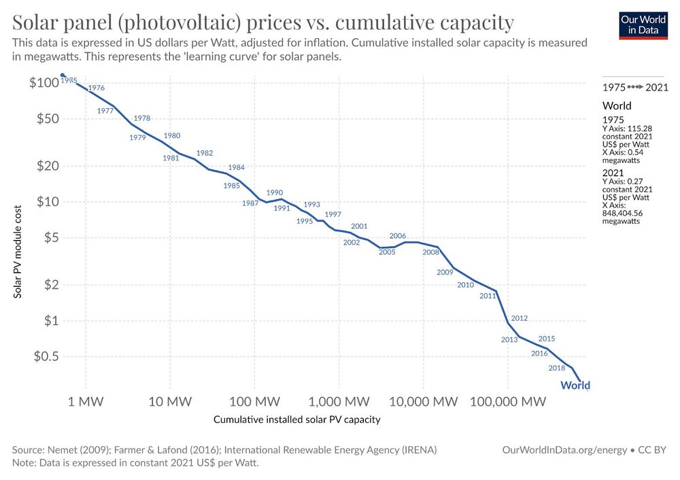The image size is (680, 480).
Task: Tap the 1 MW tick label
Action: pyautogui.click(x=86, y=401)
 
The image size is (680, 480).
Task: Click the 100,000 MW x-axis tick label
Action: pyautogui.click(x=507, y=401)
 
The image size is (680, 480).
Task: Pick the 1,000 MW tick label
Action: pyautogui.click(x=338, y=401)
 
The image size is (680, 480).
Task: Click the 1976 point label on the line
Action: pyautogui.click(x=97, y=88)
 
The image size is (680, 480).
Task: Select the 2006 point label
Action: pyautogui.click(x=398, y=236)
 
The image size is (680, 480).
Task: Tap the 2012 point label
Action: pyautogui.click(x=520, y=318)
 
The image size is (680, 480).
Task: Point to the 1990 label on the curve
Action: pyautogui.click(x=275, y=192)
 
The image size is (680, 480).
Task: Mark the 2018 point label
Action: pyautogui.click(x=557, y=368)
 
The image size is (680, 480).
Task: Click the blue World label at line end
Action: pyautogui.click(x=575, y=385)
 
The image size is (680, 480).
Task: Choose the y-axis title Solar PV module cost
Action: pyautogui.click(x=18, y=252)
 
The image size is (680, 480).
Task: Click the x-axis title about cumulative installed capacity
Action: pyautogui.click(x=296, y=419)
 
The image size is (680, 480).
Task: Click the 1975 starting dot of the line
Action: pyautogui.click(x=63, y=75)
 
